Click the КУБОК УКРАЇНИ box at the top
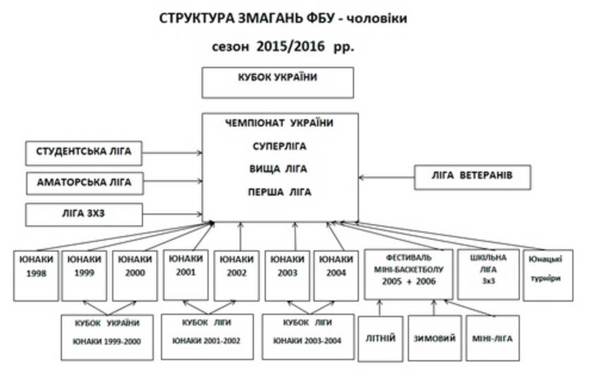(x=277, y=82)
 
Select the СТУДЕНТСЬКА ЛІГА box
(x=84, y=152)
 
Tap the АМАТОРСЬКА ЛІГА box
(x=84, y=182)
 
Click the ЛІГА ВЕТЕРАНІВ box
(x=472, y=176)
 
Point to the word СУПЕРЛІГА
(x=279, y=147)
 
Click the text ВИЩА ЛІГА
(x=279, y=169)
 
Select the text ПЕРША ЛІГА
(x=279, y=192)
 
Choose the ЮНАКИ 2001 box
(x=186, y=274)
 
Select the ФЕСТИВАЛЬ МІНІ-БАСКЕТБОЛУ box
(x=409, y=273)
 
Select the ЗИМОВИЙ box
(x=433, y=338)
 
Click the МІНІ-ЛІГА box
(x=492, y=338)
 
